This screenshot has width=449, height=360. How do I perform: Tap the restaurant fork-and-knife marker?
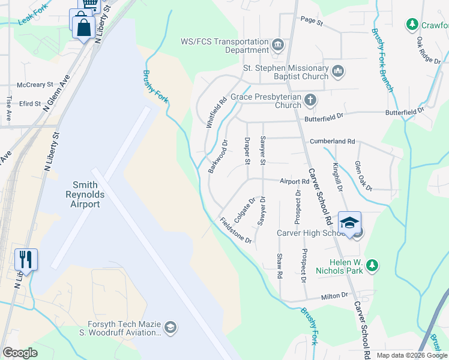click(x=26, y=259)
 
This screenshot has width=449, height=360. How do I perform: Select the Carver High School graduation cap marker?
click(x=349, y=223)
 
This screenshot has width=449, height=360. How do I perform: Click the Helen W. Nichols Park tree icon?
click(x=372, y=265)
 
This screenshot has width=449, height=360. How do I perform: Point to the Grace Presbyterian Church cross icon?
click(x=310, y=100)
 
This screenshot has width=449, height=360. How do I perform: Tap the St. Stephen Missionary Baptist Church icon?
click(x=337, y=72)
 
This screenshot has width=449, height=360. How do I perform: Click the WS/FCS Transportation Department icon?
click(x=278, y=46)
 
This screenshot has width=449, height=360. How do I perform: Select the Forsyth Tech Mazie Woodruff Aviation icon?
click(x=170, y=327)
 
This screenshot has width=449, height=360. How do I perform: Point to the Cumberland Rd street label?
click(x=333, y=142)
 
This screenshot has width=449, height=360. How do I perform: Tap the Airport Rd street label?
click(x=294, y=181)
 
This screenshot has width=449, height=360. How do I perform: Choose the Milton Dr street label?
click(x=335, y=296)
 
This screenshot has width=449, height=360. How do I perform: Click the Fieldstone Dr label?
click(x=236, y=230)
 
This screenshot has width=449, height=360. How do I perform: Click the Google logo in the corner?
click(x=20, y=353)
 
